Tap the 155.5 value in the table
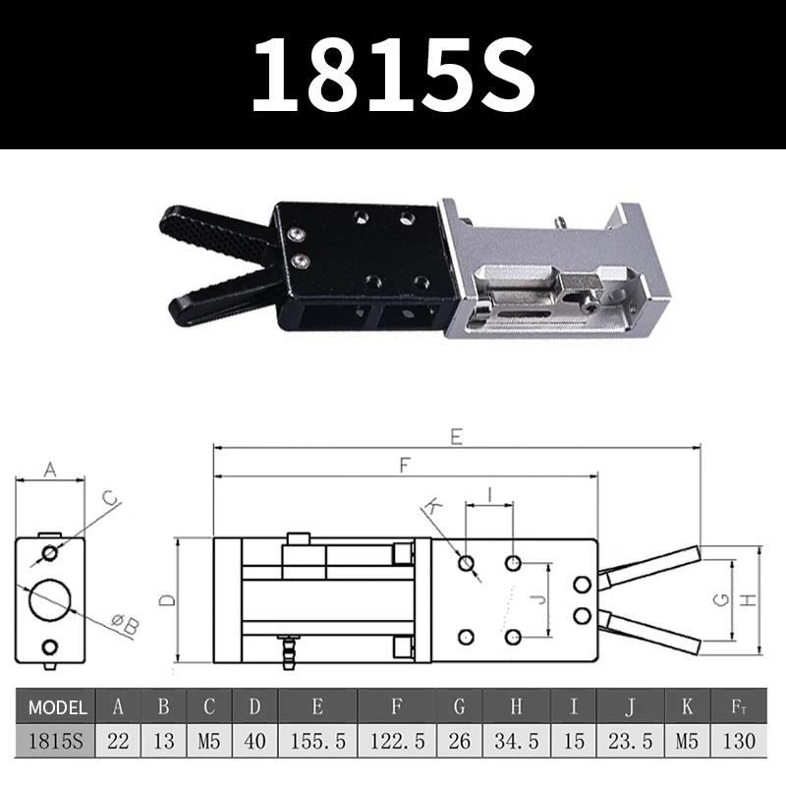point(317,741)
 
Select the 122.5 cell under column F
point(397,741)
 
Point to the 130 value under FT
point(740,741)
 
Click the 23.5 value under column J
point(628,741)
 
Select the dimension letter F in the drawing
point(405,468)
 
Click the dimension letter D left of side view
point(167,599)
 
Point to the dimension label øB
point(126,622)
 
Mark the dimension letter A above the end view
point(51,470)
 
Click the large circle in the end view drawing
point(48,598)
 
